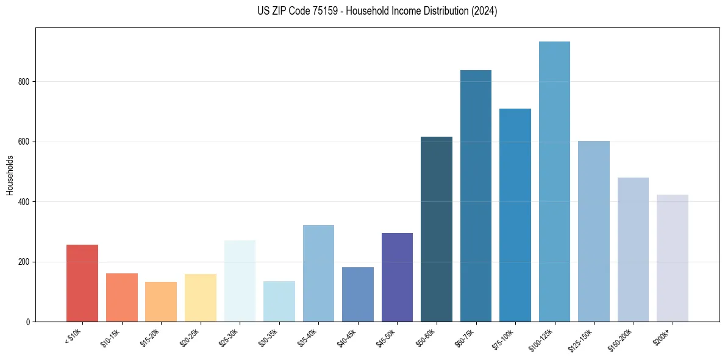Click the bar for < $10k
coord(82,283)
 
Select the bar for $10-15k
coord(122,297)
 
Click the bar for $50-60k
coord(437,229)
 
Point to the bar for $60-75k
coord(476,196)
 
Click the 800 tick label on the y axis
coord(24,82)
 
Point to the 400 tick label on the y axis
coord(24,202)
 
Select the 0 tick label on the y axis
coord(28,322)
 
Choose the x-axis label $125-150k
coord(582,341)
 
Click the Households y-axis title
coord(10,175)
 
